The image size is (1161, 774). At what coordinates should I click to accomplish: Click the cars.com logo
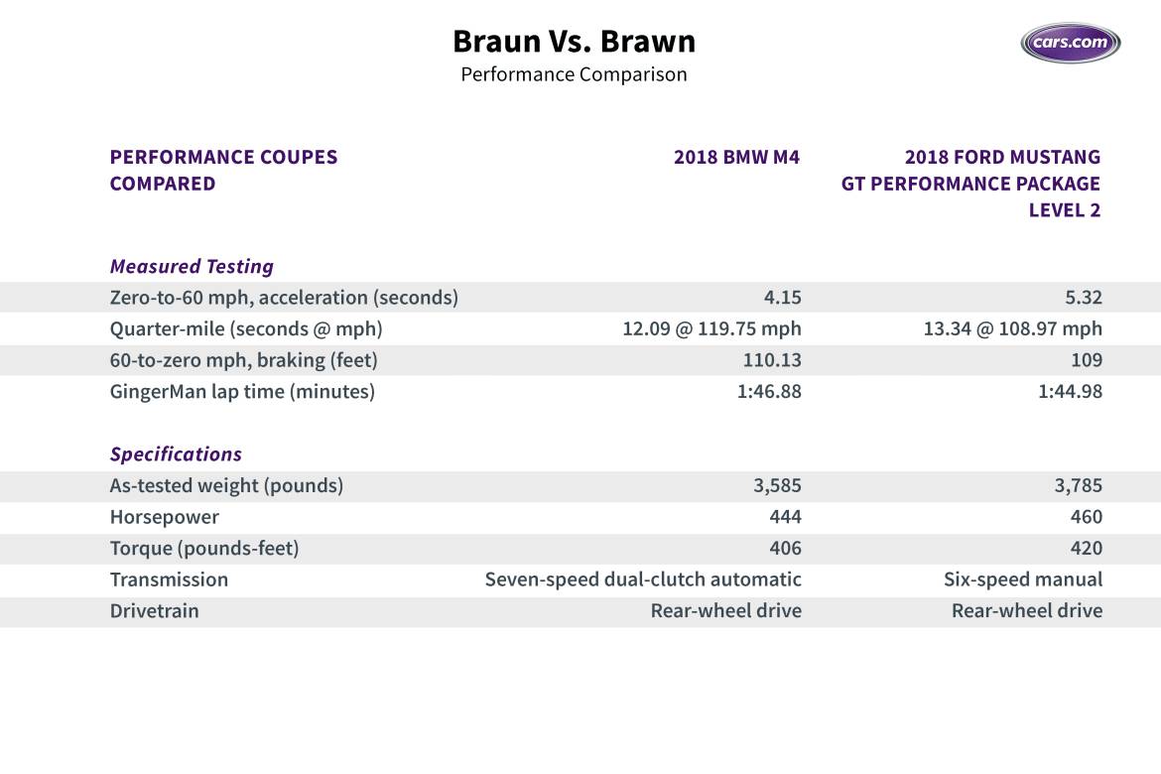(x=1071, y=44)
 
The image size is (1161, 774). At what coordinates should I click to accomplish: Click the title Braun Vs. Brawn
(x=574, y=42)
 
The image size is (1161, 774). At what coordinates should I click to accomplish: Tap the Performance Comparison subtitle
(x=574, y=74)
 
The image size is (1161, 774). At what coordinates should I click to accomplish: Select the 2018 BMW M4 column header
(x=736, y=157)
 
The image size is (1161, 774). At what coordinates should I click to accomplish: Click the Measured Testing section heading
(x=192, y=266)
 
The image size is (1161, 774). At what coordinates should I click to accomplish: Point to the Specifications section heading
(x=176, y=454)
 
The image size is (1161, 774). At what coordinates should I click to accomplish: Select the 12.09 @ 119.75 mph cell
(x=711, y=328)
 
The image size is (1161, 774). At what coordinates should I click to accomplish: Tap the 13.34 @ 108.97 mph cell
(x=1012, y=328)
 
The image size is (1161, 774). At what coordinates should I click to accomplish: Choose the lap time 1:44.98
(x=1070, y=392)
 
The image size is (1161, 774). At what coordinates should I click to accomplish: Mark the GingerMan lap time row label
(x=242, y=392)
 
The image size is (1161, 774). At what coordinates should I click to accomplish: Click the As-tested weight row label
(x=226, y=486)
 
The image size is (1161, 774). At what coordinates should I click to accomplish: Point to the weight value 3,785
(x=1075, y=486)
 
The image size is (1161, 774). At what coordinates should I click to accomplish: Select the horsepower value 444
(x=785, y=517)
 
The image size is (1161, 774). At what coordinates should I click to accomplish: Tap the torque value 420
(x=1086, y=549)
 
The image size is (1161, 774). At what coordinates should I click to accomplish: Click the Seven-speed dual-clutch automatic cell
(x=643, y=580)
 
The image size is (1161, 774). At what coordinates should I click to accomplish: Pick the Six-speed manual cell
(x=1022, y=580)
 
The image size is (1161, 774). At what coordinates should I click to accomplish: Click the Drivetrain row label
(x=154, y=611)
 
